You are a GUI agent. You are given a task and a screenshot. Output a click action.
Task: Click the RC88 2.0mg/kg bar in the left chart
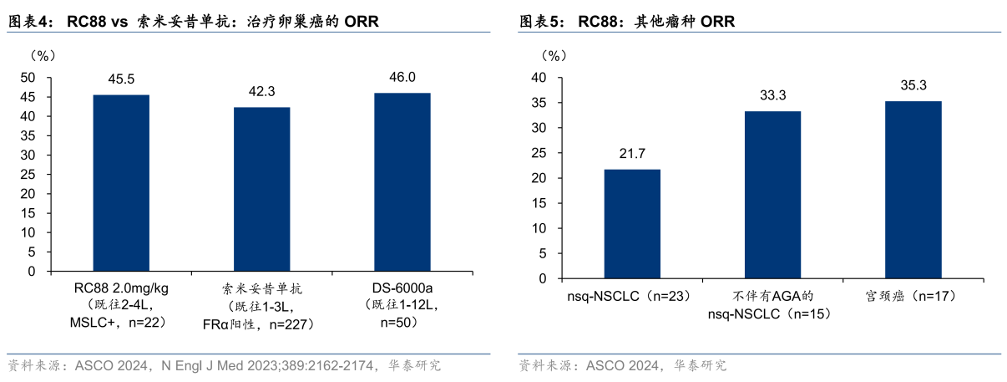[121, 183]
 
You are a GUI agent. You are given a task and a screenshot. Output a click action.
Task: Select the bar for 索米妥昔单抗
[261, 189]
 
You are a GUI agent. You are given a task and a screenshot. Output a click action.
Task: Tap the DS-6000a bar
[402, 182]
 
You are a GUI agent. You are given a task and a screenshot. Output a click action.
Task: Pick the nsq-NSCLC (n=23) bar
[632, 224]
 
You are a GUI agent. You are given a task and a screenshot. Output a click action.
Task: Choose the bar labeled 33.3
[772, 195]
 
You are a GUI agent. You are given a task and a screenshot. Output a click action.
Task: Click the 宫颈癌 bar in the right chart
[913, 190]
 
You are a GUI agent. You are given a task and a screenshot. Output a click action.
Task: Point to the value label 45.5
[121, 80]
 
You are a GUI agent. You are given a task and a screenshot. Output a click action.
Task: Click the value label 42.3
[261, 92]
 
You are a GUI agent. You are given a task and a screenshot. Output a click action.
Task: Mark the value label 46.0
[402, 78]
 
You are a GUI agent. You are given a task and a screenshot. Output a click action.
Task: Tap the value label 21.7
[632, 155]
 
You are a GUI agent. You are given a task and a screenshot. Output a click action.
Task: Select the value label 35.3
[913, 86]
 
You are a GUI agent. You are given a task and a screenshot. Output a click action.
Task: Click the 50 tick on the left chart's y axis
[28, 77]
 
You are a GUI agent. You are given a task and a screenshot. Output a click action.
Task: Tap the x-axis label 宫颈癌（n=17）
[913, 296]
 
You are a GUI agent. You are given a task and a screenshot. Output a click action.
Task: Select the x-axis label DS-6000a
[402, 288]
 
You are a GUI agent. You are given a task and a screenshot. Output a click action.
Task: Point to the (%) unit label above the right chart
[554, 56]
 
